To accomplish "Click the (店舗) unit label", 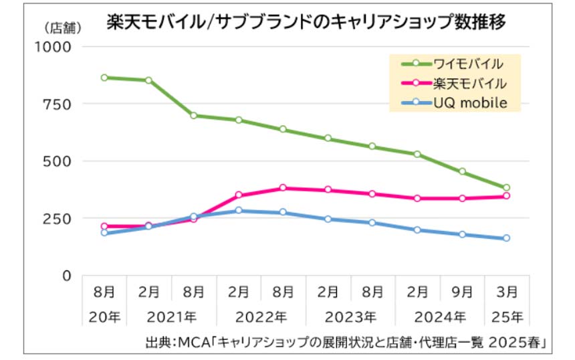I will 63,28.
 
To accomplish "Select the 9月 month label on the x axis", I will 463,292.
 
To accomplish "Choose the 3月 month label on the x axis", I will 507,292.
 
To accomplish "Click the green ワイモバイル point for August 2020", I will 104,78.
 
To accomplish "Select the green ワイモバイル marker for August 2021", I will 194,116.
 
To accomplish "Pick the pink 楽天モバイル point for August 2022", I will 283,188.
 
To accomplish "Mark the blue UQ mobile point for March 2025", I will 506,238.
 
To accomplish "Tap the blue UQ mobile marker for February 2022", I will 239,211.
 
